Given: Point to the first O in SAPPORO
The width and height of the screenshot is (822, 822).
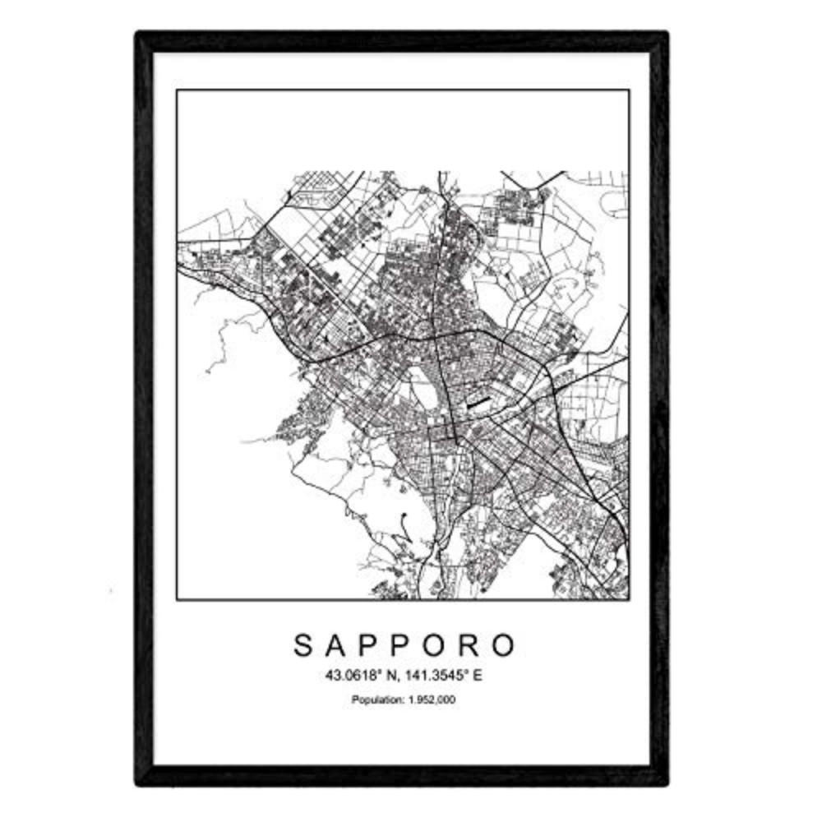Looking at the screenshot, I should tap(437, 645).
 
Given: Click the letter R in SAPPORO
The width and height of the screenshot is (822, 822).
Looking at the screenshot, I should tap(472, 645).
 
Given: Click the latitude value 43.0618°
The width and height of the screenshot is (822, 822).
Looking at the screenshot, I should tap(358, 677).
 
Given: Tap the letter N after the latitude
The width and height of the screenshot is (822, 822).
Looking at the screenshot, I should tap(394, 677).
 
